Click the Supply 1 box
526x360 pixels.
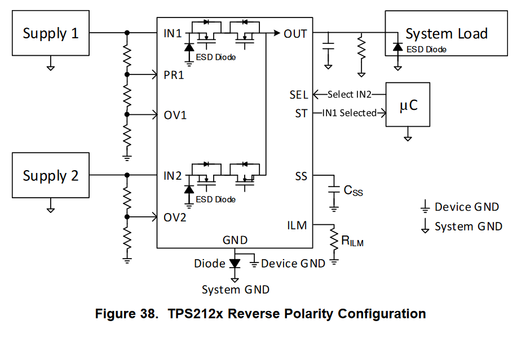click(50, 33)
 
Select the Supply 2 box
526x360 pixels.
click(50, 176)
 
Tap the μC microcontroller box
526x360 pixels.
click(408, 105)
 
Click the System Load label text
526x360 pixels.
click(446, 34)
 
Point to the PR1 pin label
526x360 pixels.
click(174, 75)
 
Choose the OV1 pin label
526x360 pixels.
click(175, 115)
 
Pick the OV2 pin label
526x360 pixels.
click(175, 217)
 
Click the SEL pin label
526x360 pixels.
click(299, 95)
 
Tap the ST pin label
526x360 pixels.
click(301, 113)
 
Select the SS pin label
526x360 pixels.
click(301, 176)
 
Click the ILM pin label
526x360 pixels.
click(297, 225)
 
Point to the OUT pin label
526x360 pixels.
click(295, 34)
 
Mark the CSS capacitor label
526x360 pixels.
click(353, 190)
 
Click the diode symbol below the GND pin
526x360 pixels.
click(235, 263)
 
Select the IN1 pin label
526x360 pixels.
click(173, 34)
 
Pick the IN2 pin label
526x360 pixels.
click(173, 176)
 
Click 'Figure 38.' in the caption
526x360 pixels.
click(127, 314)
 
